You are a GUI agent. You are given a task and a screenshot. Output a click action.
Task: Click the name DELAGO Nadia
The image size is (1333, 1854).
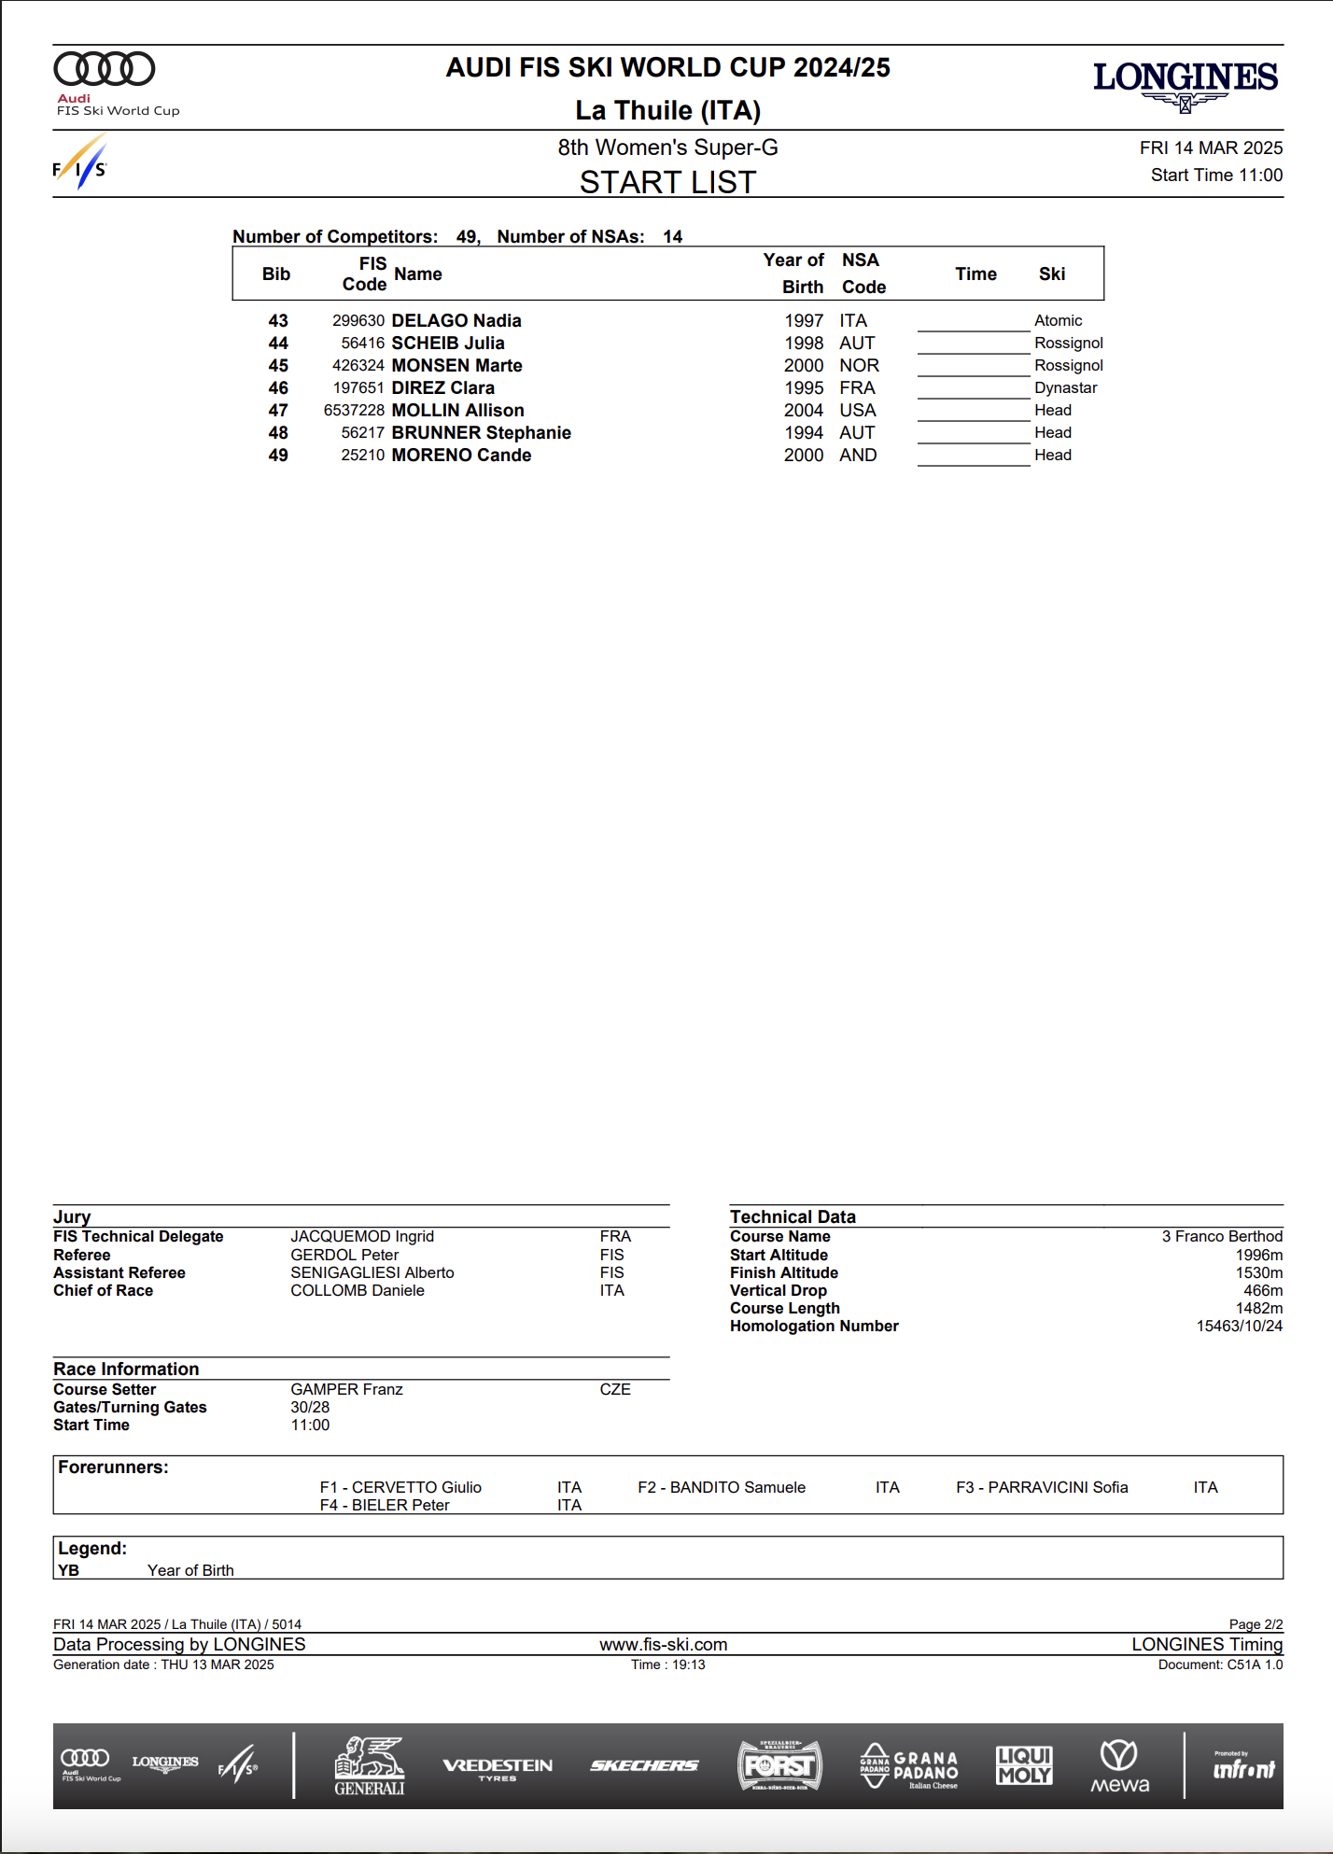(456, 321)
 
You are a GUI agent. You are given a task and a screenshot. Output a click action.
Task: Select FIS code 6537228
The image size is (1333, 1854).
(354, 411)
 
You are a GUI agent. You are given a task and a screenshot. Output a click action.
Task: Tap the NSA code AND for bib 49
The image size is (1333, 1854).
(858, 456)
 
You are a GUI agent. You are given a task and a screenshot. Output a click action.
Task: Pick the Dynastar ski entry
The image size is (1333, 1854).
(1065, 388)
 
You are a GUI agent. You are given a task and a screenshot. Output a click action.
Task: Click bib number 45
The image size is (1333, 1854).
(278, 366)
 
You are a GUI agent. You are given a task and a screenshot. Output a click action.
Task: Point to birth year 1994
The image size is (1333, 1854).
(803, 433)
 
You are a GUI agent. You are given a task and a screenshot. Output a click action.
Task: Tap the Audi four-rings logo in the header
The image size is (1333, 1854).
(105, 69)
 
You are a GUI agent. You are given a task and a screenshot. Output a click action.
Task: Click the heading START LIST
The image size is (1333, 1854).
(667, 182)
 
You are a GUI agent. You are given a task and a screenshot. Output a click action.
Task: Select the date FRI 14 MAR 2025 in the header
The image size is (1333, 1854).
(1211, 148)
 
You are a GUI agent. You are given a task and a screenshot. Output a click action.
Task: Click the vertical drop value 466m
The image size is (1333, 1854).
(1262, 1291)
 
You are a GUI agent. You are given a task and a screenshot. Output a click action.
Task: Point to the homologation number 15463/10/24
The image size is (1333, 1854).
(1239, 1327)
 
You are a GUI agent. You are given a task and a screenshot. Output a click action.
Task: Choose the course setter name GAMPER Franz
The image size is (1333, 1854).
(346, 1390)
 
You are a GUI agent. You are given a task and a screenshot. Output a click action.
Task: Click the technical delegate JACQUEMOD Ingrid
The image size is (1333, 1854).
(362, 1237)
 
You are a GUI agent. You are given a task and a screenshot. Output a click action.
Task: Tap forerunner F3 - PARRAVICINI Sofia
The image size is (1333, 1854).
(1042, 1488)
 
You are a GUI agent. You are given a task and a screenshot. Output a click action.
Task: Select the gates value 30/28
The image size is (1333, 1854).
(310, 1408)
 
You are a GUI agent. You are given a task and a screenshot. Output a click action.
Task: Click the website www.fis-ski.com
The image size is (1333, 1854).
(663, 1645)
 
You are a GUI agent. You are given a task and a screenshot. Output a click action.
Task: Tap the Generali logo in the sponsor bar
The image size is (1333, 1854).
(370, 1766)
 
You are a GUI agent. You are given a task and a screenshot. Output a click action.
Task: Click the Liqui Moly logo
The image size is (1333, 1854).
(1024, 1766)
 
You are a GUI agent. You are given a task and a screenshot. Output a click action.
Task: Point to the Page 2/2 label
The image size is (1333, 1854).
(1256, 1625)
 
